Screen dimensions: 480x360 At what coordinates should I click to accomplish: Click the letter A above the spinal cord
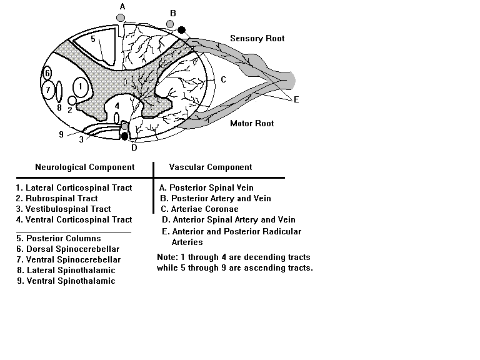(122, 7)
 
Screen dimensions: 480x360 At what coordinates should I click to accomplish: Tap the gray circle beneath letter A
(121, 17)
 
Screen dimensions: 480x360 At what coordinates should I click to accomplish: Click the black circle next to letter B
(181, 30)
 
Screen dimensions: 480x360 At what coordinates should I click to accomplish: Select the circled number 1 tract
(81, 87)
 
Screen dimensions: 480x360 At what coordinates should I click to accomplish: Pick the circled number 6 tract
(47, 74)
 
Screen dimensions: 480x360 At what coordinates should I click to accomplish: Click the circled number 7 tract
(47, 90)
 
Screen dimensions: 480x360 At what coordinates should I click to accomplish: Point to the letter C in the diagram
(224, 79)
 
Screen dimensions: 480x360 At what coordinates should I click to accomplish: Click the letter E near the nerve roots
(296, 99)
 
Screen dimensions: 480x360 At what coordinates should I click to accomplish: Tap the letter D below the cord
(134, 148)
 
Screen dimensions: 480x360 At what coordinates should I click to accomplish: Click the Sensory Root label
(257, 38)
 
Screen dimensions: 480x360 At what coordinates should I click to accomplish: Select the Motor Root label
(252, 123)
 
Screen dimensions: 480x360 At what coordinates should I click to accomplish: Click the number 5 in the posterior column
(93, 39)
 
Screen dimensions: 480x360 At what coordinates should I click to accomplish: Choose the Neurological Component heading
(85, 167)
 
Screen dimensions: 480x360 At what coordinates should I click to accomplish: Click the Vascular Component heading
(211, 167)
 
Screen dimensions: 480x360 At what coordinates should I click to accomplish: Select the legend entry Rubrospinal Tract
(57, 198)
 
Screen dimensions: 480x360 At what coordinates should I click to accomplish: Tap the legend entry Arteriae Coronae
(199, 209)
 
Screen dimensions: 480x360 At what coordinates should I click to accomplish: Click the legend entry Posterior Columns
(59, 238)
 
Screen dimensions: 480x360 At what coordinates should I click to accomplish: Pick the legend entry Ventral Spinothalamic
(66, 281)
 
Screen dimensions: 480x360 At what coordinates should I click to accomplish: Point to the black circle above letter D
(124, 136)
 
